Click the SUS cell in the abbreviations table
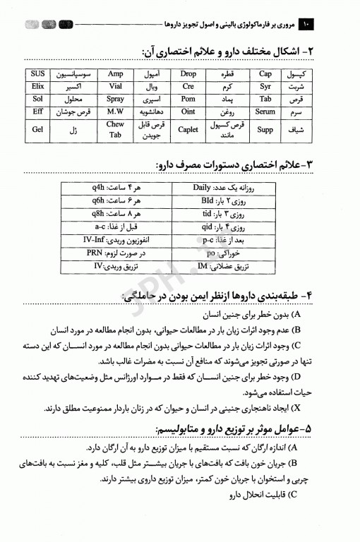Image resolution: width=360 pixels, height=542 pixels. pos(37,73)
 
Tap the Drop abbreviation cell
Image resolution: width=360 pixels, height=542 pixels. pos(188,73)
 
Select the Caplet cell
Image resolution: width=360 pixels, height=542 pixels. pos(188,129)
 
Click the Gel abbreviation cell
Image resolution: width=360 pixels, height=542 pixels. pos(37,129)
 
